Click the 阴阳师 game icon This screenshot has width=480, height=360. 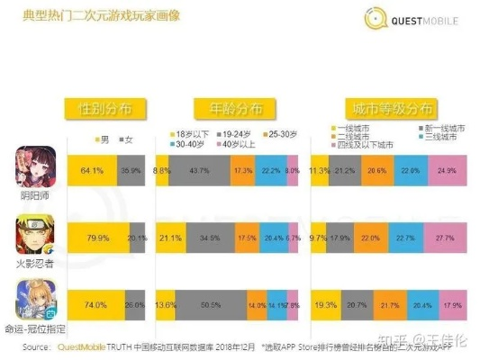pos(36,167)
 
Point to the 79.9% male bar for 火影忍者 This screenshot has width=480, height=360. pos(96,238)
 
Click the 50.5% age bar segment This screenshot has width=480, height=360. pos(209,306)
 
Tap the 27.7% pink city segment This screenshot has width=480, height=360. pos(447,238)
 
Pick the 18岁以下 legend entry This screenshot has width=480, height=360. pos(184,132)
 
